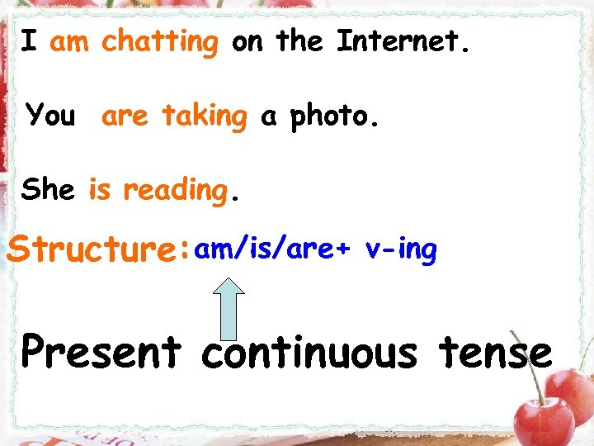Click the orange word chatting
pos(160,41)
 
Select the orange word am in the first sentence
pos(69,42)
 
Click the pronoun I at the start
pos(29,40)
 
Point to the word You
pos(50,116)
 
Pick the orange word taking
pos(204,116)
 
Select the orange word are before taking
pos(125,116)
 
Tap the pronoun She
pos(48,190)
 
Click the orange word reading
pos(174,191)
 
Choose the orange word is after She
pos(99,190)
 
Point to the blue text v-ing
pos(400,249)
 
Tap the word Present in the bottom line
pos(101,353)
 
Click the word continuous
pos(309,353)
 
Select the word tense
pos(495,353)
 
